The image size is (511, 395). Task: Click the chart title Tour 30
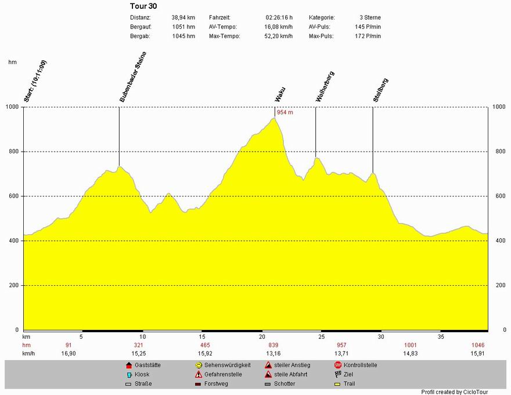[x=143, y=6]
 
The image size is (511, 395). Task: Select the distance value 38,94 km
[x=183, y=17]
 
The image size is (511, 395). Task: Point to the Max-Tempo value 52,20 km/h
[x=279, y=36]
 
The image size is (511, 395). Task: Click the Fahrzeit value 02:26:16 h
[x=279, y=17]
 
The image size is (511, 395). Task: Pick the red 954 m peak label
[x=285, y=112]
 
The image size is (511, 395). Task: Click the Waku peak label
[x=280, y=94]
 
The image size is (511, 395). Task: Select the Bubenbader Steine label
[x=133, y=77]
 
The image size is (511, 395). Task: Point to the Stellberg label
[x=381, y=91]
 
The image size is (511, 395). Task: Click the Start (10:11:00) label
[x=35, y=81]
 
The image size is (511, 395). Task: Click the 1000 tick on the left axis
[x=13, y=107]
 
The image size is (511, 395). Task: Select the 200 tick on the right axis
[x=498, y=286]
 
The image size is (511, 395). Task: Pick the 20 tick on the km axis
[x=262, y=337]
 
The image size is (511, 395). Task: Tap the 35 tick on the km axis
[x=441, y=337]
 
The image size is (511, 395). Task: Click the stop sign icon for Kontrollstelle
[x=338, y=365]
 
